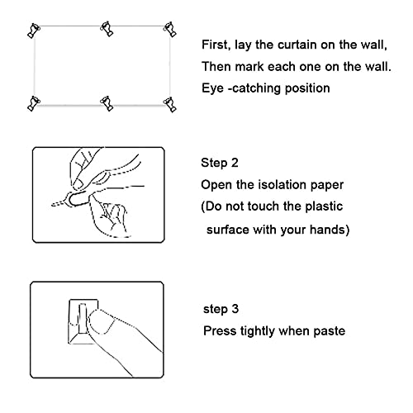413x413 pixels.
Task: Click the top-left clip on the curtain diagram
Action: [x=34, y=31]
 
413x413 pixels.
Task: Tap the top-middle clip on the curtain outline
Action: [x=107, y=28]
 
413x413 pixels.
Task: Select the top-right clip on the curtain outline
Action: [x=170, y=29]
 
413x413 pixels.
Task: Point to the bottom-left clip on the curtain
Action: [x=34, y=103]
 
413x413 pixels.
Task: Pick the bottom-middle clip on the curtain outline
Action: [x=107, y=103]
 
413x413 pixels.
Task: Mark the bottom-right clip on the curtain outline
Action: [x=170, y=104]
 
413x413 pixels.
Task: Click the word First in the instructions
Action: [x=216, y=45]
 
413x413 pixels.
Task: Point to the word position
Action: [x=307, y=88]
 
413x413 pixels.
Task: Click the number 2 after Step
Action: [x=235, y=163]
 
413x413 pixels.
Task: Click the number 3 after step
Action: [x=235, y=309]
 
